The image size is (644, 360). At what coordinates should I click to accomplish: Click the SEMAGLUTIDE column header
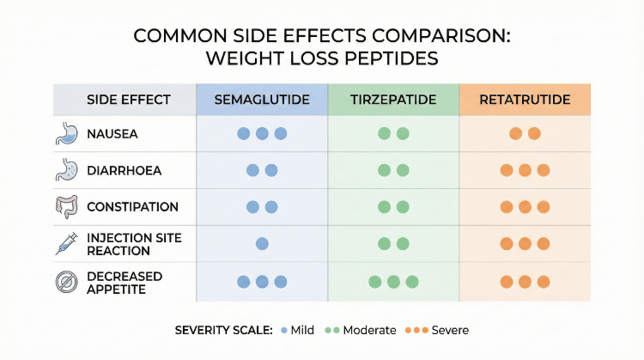262,100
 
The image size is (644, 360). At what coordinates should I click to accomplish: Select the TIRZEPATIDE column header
393,100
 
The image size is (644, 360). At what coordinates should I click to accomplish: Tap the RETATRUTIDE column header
526,100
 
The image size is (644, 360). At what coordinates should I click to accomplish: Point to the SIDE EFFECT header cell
125,100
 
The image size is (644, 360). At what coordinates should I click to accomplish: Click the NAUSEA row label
112,134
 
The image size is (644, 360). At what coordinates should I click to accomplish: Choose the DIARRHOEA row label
125,170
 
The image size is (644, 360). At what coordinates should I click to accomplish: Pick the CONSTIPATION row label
132,207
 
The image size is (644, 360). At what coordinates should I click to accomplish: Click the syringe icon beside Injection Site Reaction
66,244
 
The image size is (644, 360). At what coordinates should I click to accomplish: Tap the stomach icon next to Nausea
66,134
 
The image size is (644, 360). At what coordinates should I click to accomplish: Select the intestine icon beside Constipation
66,207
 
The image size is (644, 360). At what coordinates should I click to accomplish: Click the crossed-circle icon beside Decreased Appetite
66,281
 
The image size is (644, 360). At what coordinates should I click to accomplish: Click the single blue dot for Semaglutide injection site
262,244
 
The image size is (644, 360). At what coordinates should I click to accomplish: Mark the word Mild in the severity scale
302,330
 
